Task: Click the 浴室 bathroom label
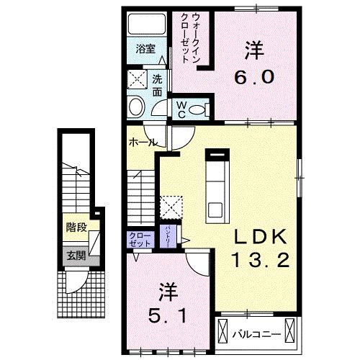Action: [x=145, y=49]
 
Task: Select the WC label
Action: [x=183, y=109]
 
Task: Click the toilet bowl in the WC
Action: [x=202, y=109]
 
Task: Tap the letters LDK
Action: [x=259, y=237]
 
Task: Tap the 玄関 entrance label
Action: [x=76, y=254]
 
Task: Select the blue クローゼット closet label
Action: [x=140, y=240]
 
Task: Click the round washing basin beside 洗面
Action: [x=136, y=107]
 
